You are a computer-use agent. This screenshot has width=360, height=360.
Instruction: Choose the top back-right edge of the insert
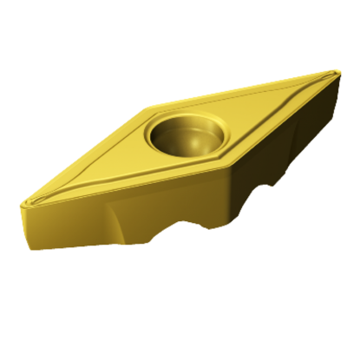click(x=243, y=90)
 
